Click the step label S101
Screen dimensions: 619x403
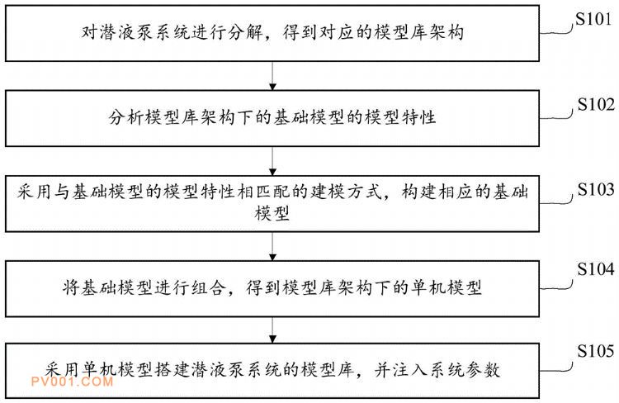(x=593, y=18)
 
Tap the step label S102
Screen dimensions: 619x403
(x=596, y=104)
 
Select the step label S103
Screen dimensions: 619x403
(x=596, y=190)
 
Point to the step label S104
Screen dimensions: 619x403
(x=596, y=269)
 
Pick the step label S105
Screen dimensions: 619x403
(x=596, y=351)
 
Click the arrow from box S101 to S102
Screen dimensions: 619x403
(x=272, y=76)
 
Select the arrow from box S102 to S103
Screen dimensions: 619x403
(x=272, y=161)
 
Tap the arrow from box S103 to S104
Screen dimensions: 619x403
(x=272, y=246)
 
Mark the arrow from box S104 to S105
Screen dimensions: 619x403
(x=272, y=330)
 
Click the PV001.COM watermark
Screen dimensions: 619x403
(x=73, y=382)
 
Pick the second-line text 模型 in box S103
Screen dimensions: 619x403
(x=272, y=213)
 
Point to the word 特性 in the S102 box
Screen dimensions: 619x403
(x=418, y=117)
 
